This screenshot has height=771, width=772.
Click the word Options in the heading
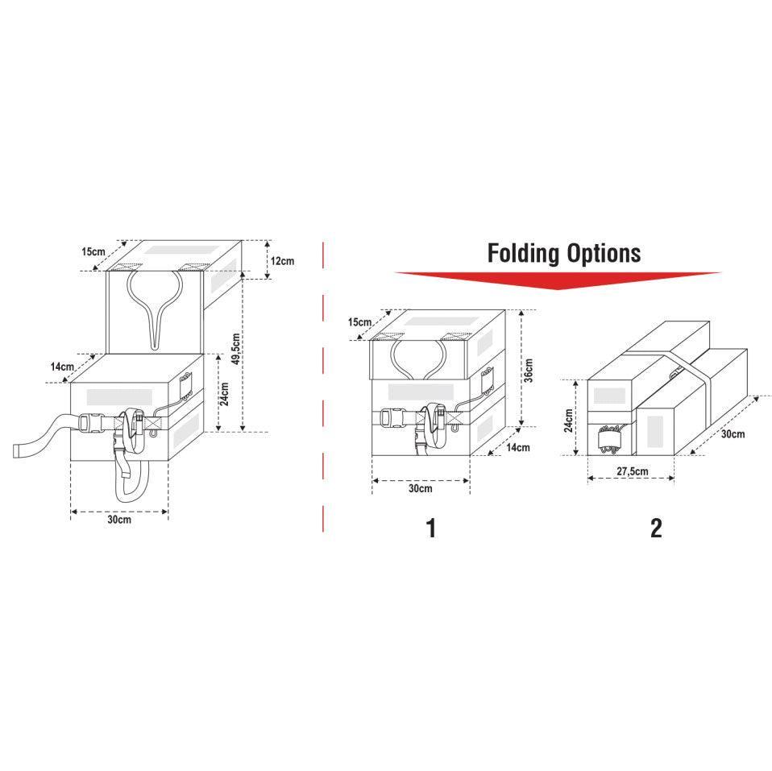coord(603,253)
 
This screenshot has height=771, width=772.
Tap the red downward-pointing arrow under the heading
coord(558,280)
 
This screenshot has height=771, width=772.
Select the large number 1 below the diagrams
coord(431,529)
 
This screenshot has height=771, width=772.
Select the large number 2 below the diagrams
coord(656,529)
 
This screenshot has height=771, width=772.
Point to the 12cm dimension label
coord(282,261)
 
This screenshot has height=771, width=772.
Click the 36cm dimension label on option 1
coord(529,369)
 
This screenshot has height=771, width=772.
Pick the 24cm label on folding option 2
coord(569,419)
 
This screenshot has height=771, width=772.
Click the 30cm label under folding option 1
coord(420,489)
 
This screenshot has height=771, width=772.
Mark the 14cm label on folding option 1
coord(518,447)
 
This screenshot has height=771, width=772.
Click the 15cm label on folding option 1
coord(360,322)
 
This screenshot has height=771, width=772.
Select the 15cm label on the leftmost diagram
coord(93,251)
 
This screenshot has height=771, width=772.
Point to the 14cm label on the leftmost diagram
coord(62,367)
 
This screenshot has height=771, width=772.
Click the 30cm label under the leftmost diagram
coord(119,520)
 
